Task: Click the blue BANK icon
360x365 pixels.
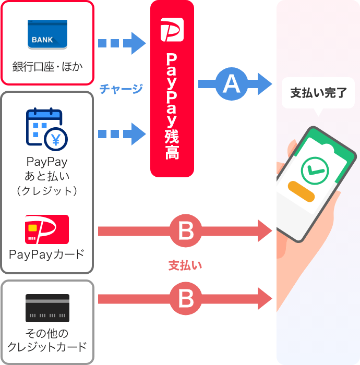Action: coord(47,34)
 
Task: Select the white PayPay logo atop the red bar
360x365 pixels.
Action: coord(172,30)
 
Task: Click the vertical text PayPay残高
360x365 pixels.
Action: coord(172,105)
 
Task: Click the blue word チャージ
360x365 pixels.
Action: coord(121,89)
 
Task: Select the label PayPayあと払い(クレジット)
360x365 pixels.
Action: coord(47,176)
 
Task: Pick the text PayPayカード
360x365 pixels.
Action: coord(47,255)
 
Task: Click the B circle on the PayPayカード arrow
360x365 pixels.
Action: coord(186,230)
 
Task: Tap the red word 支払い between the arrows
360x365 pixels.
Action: coord(185,265)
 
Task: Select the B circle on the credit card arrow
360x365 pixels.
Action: coord(186,299)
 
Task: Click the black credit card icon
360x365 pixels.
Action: coord(47,308)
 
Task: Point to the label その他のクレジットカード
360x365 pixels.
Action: coord(47,340)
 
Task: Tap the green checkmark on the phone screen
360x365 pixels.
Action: coord(315,170)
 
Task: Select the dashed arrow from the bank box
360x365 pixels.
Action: coord(122,43)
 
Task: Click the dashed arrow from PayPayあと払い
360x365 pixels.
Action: coord(122,134)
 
